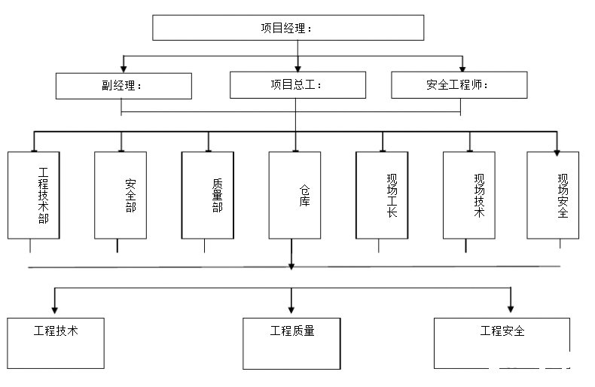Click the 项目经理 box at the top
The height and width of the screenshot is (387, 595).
click(x=288, y=28)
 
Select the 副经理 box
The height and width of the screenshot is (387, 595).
click(x=124, y=85)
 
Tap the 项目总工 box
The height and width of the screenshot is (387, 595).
click(x=297, y=85)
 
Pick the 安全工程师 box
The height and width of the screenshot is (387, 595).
click(x=459, y=85)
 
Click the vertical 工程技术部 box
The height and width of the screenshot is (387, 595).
click(x=33, y=195)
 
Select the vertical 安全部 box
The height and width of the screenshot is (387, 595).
click(x=121, y=195)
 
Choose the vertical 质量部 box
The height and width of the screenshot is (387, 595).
click(x=207, y=195)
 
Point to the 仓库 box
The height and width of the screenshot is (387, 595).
click(x=294, y=195)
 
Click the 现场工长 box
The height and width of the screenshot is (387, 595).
click(x=382, y=195)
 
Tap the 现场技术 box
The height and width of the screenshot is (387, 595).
click(x=468, y=195)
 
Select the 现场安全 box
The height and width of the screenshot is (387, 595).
click(x=553, y=195)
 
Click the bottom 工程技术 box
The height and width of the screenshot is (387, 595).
click(x=56, y=343)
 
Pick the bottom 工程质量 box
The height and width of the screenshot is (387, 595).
click(x=292, y=343)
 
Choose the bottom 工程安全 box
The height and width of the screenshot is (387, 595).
click(x=502, y=343)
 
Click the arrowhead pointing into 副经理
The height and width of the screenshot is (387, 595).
click(x=124, y=68)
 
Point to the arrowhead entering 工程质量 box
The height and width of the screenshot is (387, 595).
click(x=291, y=308)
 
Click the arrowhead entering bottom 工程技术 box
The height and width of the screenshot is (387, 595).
click(x=54, y=308)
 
